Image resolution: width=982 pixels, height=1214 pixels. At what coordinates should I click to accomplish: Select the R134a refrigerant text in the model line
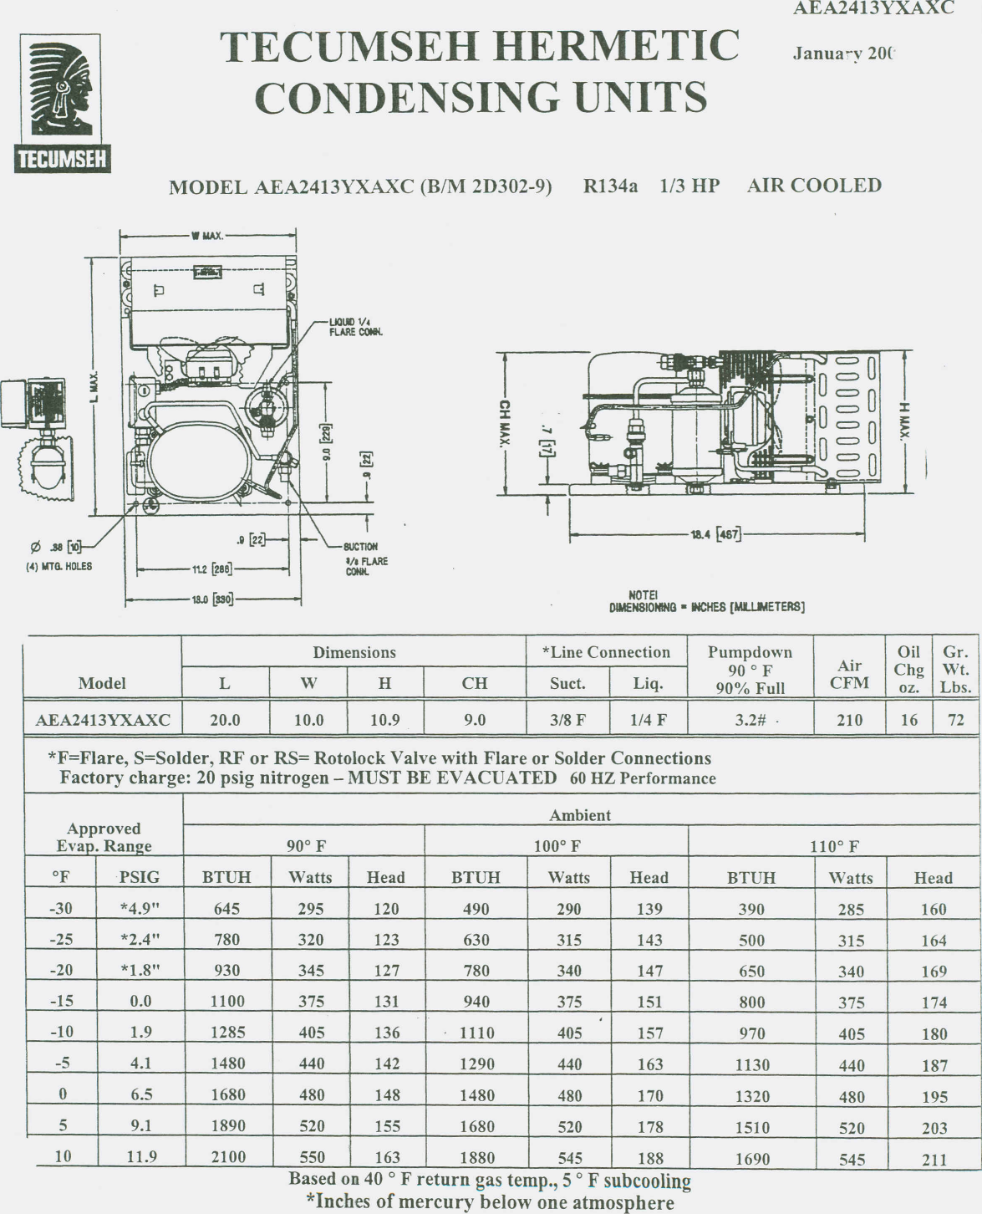[x=610, y=186]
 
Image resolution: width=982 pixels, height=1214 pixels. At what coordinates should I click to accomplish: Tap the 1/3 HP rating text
[x=689, y=186]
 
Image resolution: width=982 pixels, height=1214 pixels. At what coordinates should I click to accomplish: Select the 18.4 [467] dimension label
[x=715, y=534]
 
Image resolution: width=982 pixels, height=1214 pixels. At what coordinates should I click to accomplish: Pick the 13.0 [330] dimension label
[x=213, y=599]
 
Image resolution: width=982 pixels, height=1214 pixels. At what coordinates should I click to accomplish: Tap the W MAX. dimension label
[x=206, y=236]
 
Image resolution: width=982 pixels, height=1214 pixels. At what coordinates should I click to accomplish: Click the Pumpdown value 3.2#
[x=750, y=720]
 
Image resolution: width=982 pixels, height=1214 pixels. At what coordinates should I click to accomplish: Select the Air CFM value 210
[x=849, y=720]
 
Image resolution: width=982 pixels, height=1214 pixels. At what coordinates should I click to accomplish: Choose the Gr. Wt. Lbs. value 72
[x=956, y=720]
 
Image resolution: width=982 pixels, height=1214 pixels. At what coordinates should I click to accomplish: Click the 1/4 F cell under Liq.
[x=648, y=720]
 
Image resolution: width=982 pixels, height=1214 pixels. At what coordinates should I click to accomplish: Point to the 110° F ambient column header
[x=833, y=846]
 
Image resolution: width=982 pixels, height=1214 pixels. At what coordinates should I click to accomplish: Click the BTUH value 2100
[x=227, y=1157]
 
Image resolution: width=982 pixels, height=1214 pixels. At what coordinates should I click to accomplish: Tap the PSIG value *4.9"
[x=140, y=909]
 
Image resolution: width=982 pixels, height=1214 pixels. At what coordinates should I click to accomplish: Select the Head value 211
[x=934, y=1160]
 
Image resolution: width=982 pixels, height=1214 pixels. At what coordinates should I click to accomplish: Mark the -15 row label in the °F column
[x=62, y=1001]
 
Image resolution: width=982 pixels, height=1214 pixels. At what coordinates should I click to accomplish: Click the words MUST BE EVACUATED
[x=451, y=778]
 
